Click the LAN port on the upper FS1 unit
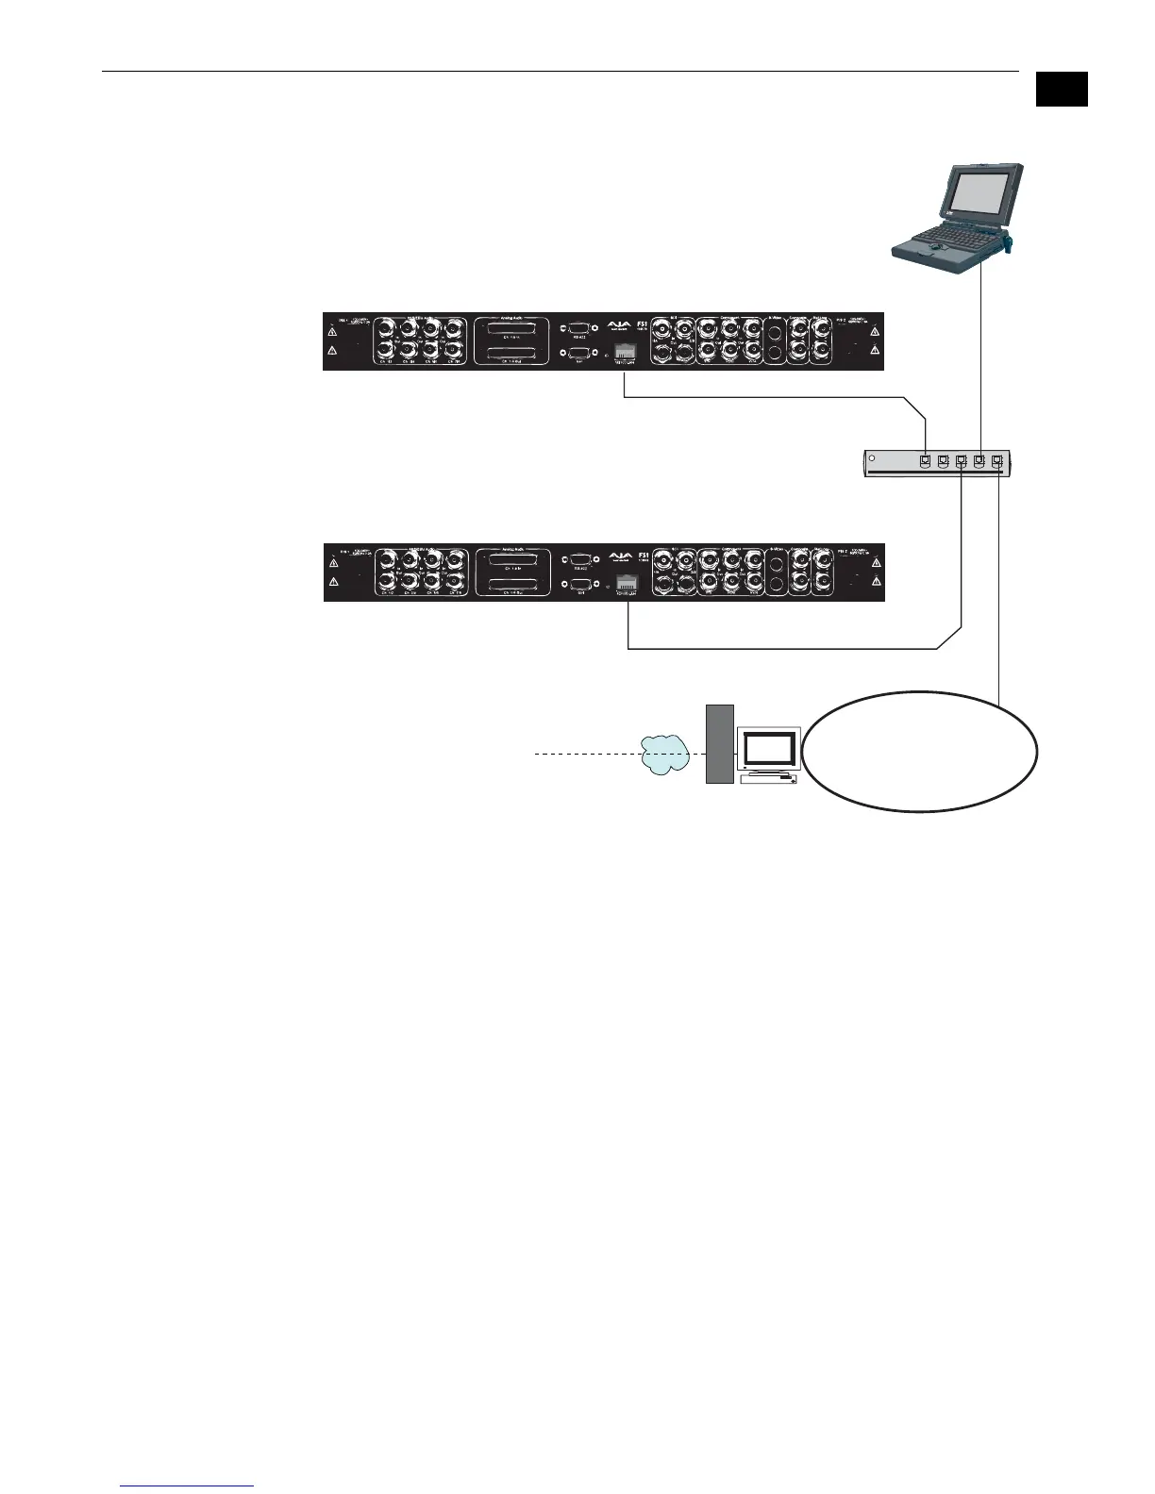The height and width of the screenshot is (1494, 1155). (625, 353)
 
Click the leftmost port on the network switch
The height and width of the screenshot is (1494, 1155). (926, 461)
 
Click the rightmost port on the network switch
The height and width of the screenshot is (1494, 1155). (996, 461)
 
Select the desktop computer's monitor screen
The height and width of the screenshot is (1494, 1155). (769, 749)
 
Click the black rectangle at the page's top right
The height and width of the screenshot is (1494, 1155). (1062, 89)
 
